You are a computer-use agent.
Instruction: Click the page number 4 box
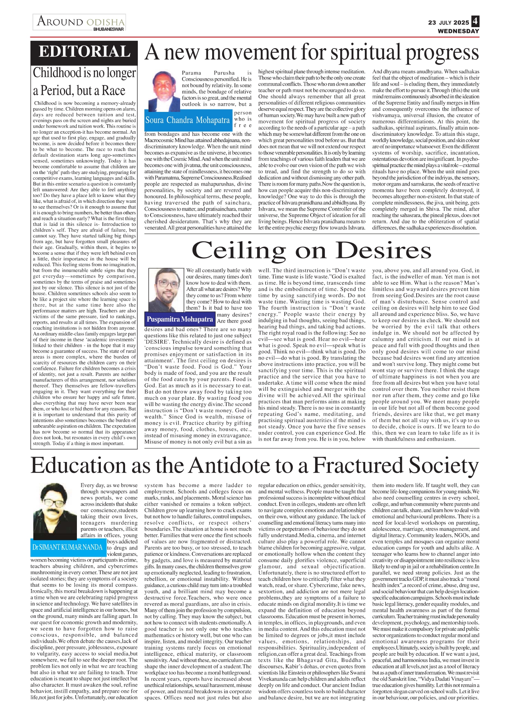[475, 21]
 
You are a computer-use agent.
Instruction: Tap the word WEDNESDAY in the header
[458, 31]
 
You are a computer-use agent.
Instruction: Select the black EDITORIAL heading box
[84, 52]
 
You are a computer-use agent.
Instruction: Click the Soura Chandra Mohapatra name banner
[188, 120]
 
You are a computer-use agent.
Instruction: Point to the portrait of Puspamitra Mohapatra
[165, 290]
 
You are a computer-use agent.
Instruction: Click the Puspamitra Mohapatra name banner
[180, 319]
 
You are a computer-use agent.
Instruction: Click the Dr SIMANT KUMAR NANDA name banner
[67, 547]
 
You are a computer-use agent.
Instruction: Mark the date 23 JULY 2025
[448, 23]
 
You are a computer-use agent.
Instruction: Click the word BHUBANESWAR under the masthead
[109, 30]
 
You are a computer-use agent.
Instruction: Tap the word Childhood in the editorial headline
[57, 73]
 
